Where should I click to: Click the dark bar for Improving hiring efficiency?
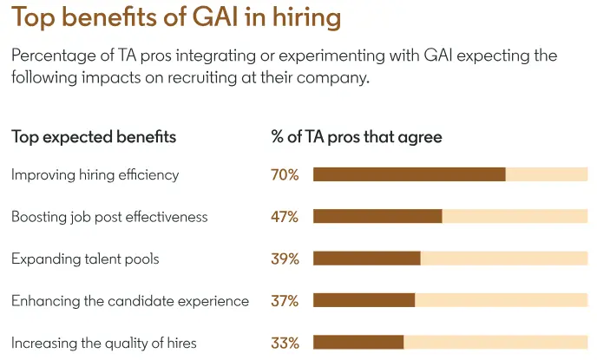(x=409, y=174)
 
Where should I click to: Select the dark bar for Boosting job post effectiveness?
(x=377, y=216)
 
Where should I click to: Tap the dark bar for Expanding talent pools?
(x=366, y=259)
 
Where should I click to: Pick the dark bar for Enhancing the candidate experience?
(x=364, y=300)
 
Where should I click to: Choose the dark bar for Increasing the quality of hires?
(x=358, y=343)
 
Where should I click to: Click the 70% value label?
(x=285, y=174)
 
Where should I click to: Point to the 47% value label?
(x=285, y=216)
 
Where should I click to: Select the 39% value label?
(x=285, y=259)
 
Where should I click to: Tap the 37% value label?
(x=285, y=300)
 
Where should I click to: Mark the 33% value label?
(x=285, y=343)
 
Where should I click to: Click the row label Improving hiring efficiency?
(x=95, y=174)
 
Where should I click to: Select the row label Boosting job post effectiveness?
(x=109, y=216)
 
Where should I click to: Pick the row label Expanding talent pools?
(x=85, y=259)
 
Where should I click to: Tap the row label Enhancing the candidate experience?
(x=130, y=300)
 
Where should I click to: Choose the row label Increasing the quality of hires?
(x=104, y=343)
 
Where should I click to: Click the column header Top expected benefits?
(x=94, y=136)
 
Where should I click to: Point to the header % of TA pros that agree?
(x=357, y=136)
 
